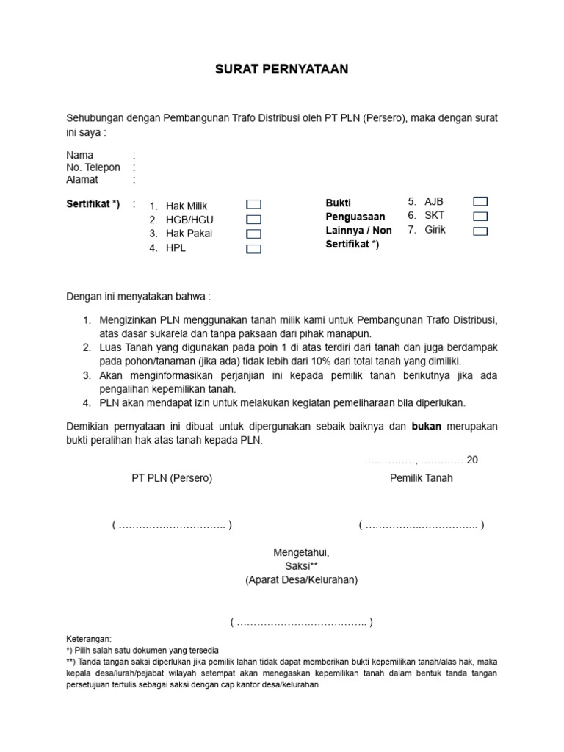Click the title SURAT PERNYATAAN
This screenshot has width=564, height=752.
pos(282,70)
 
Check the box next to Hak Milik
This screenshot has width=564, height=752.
pos(253,205)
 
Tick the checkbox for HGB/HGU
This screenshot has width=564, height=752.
pos(253,220)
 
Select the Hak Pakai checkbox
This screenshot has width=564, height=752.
pos(253,234)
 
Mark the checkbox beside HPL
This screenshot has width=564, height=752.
pos(253,249)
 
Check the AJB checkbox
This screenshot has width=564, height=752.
pos(480,201)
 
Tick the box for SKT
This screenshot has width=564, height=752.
pos(480,216)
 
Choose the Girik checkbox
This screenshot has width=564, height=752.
pos(480,231)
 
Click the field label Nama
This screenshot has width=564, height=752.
pos(80,156)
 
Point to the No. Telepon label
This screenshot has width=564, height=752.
pos(93,167)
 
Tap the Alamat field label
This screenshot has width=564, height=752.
pos(82,179)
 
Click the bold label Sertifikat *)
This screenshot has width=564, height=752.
pos(93,202)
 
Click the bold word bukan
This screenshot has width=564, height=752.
pos(427,426)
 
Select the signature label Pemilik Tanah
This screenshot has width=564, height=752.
pos(421,478)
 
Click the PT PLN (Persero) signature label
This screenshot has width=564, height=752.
pos(172,478)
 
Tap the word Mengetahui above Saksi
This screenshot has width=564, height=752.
pos(301,552)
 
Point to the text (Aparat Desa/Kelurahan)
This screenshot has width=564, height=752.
pos(301,580)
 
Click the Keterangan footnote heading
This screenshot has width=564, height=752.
pos(89,640)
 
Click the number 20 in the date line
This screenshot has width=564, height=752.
pos(472,460)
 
